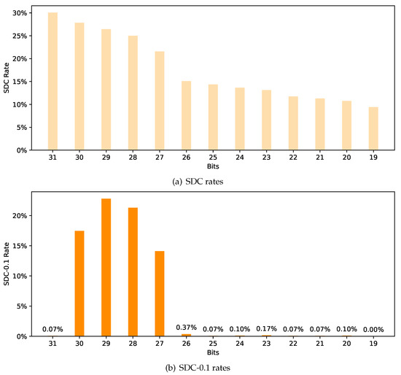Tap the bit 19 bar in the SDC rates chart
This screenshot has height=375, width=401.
(x=373, y=128)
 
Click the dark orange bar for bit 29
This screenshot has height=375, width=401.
(x=106, y=267)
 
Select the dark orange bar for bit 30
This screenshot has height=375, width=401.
(x=79, y=283)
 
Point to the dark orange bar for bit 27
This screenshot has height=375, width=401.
(x=160, y=293)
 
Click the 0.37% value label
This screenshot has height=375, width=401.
(x=187, y=328)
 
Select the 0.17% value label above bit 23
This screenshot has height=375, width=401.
(x=267, y=329)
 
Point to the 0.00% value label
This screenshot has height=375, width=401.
(x=373, y=329)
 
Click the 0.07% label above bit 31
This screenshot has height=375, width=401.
(x=52, y=329)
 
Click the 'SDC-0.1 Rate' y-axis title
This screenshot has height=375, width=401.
(x=7, y=264)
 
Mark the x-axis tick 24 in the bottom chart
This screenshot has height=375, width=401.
(x=240, y=344)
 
